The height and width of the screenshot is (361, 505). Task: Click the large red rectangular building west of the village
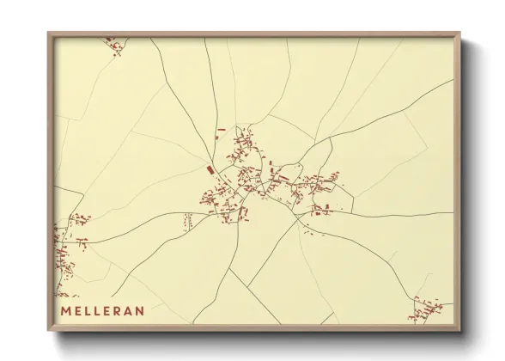(x=208, y=170)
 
